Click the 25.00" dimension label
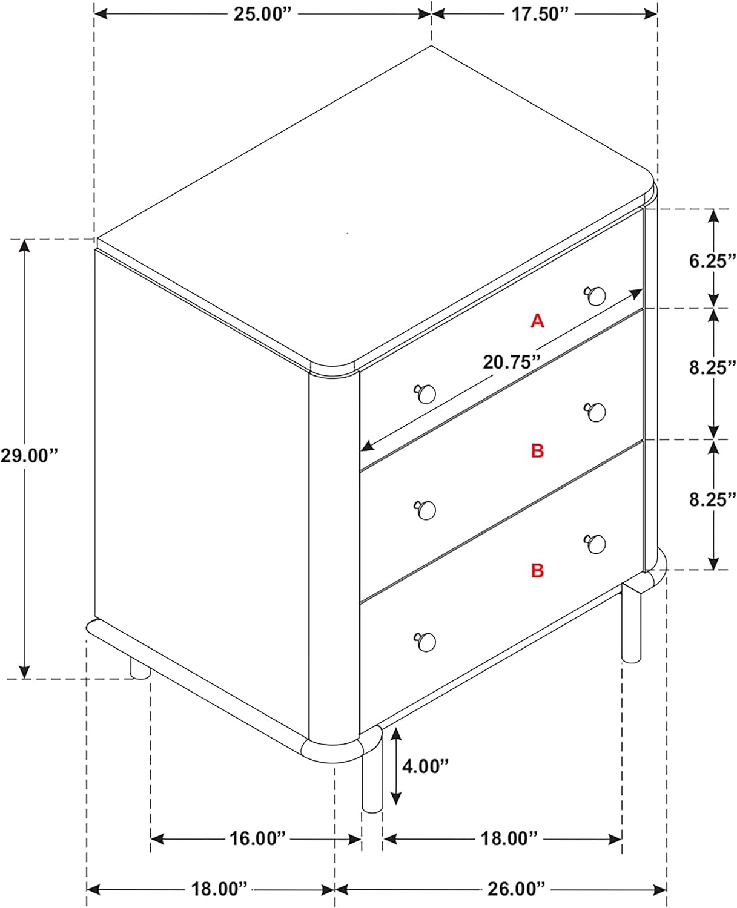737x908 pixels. [x=262, y=14]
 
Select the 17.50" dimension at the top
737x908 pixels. [x=540, y=14]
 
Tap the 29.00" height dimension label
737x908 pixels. [x=28, y=456]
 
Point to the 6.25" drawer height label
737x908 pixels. [x=713, y=262]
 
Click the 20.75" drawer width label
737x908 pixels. [x=511, y=363]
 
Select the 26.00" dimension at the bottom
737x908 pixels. [x=516, y=889]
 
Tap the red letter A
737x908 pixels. [x=537, y=321]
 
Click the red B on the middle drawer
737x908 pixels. [x=537, y=450]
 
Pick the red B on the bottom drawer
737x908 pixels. [x=537, y=570]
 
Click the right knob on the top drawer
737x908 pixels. [x=594, y=295]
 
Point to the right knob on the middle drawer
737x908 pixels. [x=594, y=412]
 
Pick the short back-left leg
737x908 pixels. [x=140, y=668]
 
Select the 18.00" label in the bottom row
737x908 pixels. [x=219, y=889]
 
